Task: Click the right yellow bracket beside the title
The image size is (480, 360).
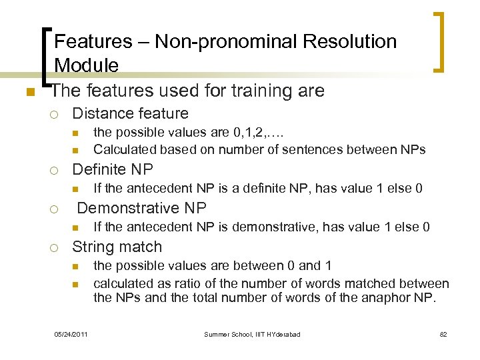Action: pos(440,41)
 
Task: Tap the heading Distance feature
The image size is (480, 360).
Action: pos(130,113)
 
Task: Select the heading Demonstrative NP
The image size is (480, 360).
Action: pos(142,207)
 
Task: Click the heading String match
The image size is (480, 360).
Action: pos(117,247)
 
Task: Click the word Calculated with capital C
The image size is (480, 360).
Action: pos(123,149)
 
